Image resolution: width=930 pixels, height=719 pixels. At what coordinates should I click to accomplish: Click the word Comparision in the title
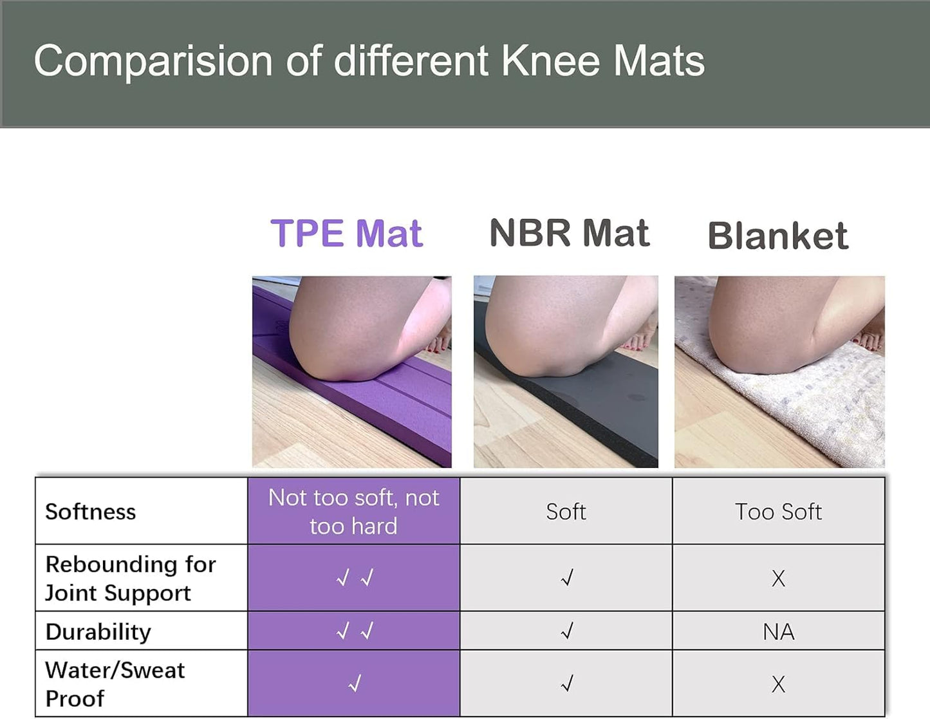click(x=153, y=62)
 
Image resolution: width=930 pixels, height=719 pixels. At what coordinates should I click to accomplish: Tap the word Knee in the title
click(x=551, y=61)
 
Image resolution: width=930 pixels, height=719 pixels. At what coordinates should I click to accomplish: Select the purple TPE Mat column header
click(x=347, y=233)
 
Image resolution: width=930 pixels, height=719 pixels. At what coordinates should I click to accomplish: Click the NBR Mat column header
click(x=570, y=233)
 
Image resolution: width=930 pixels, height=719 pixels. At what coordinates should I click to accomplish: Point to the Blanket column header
click(x=778, y=235)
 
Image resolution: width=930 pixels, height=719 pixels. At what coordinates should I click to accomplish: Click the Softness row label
click(x=91, y=512)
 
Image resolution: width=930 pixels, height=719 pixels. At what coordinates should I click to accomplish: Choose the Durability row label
click(x=98, y=632)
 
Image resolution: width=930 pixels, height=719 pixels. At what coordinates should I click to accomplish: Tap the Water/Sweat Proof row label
click(x=115, y=684)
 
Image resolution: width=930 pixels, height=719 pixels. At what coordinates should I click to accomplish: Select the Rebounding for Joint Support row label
click(x=131, y=579)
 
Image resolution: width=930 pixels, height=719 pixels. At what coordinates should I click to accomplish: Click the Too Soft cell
click(x=779, y=512)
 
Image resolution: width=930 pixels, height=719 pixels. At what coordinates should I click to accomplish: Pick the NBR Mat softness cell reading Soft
click(x=566, y=512)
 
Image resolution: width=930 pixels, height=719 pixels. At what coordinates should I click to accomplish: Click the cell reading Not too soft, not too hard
click(x=353, y=512)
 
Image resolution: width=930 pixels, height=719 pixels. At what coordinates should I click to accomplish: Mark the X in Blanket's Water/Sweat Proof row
click(x=779, y=684)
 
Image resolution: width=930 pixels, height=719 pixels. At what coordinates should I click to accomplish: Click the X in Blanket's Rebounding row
click(x=779, y=579)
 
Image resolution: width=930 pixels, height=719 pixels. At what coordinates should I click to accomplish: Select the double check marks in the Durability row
click(x=355, y=631)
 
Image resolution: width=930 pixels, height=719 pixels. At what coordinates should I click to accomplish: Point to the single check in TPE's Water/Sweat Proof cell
click(x=355, y=683)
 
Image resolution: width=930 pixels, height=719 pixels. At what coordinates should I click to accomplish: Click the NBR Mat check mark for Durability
click(x=567, y=631)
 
